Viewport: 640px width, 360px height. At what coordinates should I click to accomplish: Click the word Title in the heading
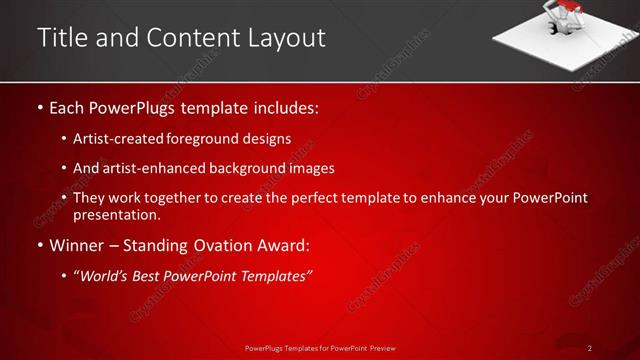coord(62,38)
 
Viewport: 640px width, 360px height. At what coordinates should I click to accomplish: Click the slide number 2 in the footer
coord(590,348)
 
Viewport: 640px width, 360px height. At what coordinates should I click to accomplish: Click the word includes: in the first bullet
coord(286,106)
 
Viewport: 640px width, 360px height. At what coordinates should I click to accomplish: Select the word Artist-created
coord(116,139)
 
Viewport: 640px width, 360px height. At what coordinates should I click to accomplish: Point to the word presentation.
coord(116,215)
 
